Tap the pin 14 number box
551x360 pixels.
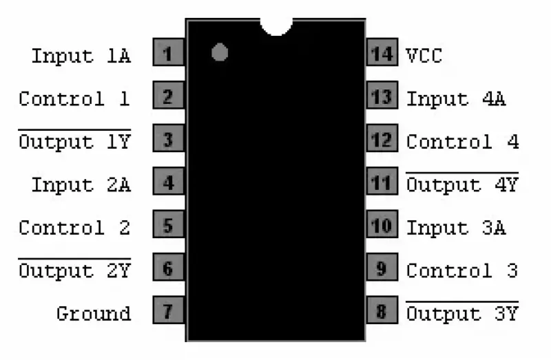coord(382,54)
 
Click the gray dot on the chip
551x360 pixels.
coord(220,52)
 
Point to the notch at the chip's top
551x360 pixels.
coord(276,25)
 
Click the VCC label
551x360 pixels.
coord(423,56)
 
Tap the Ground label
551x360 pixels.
coord(93,314)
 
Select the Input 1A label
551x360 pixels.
coord(81,56)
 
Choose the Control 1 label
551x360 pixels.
coord(74,98)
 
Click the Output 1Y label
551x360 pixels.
coord(74,142)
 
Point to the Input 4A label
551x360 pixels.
coord(456,98)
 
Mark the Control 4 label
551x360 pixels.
coord(462,142)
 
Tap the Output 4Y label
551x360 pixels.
coord(462,184)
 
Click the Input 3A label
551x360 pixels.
coord(456,227)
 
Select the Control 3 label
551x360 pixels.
coord(462,271)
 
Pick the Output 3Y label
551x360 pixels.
coord(462,314)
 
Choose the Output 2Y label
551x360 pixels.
coord(74,271)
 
